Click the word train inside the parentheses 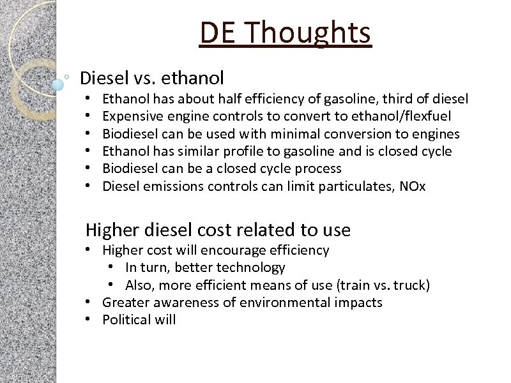(x=349, y=285)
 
